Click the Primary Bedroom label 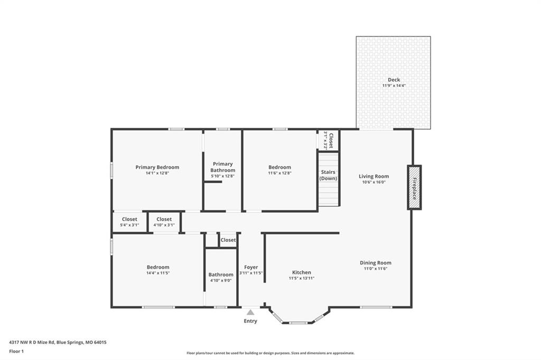coord(157,167)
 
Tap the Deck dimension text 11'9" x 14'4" coord(394,86)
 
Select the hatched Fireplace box coord(414,187)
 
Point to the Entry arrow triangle coord(250,312)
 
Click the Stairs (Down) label coord(328,175)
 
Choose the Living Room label coord(374,176)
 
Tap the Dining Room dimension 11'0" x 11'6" coord(376,269)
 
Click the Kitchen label coord(302,272)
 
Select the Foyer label coord(251,267)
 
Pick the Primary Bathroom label coord(223,167)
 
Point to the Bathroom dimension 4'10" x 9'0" coord(221,280)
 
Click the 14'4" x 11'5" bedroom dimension coord(158,273)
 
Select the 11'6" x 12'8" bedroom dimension coord(280,173)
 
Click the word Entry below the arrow coord(250,321)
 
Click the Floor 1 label coord(16,352)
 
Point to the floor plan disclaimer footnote coord(270,353)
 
